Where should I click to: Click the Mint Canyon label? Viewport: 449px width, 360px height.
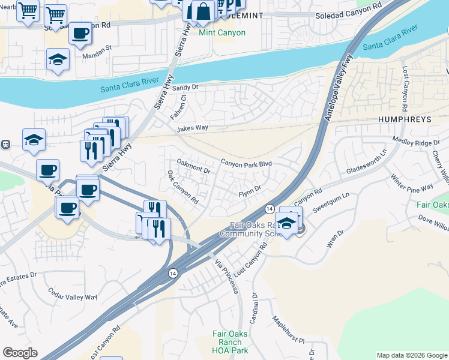[x=222, y=32]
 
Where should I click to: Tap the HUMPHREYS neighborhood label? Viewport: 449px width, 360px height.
[x=405, y=119]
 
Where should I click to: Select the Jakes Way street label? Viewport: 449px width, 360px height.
[x=192, y=128]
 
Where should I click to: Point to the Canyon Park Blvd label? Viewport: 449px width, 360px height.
[x=246, y=163]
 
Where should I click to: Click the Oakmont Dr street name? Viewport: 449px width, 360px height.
[x=193, y=166]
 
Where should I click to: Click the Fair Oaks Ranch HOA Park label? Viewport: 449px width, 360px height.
[x=231, y=342]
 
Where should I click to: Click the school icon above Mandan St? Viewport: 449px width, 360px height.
[x=58, y=60]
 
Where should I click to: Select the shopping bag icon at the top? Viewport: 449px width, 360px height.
[x=203, y=11]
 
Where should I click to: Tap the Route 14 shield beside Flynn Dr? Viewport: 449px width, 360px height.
[x=271, y=208]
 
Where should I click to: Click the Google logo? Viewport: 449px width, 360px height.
[x=20, y=353]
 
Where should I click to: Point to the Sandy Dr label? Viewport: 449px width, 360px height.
[x=185, y=88]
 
